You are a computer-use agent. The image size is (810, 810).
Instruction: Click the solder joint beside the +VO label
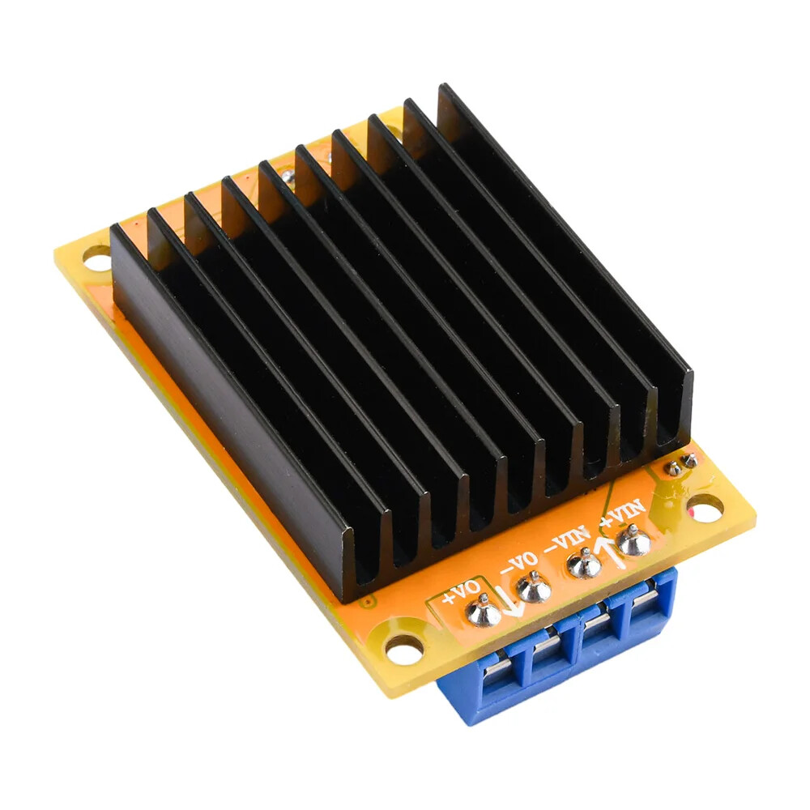[x=484, y=612]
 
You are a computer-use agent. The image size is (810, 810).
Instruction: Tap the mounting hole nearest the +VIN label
[x=706, y=508]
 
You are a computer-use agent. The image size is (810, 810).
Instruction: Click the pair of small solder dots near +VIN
[x=680, y=464]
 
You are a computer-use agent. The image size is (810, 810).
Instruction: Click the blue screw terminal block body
[x=559, y=656]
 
